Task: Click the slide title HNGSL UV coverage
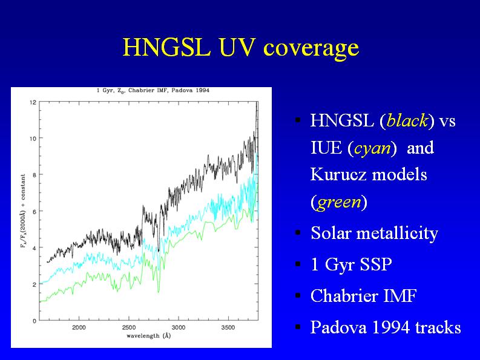point(240,47)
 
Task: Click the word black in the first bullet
point(407,120)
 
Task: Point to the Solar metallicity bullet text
point(373,233)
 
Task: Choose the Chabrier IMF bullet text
point(363,296)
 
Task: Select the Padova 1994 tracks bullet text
point(386,328)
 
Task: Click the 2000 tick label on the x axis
point(79,327)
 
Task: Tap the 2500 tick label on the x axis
point(129,327)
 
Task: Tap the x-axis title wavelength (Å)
point(149,335)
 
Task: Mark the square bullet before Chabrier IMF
point(298,296)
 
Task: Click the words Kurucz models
point(369,175)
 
